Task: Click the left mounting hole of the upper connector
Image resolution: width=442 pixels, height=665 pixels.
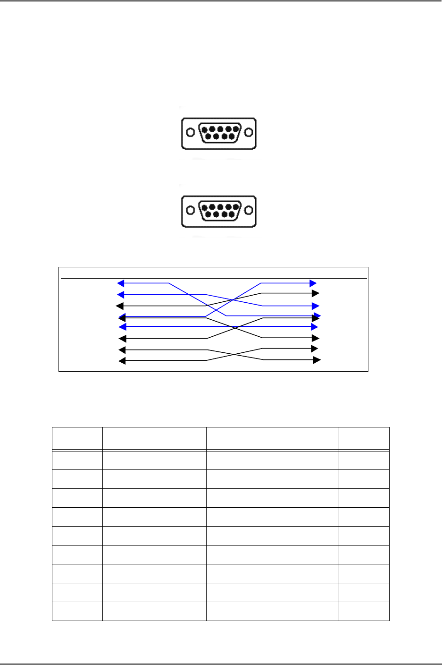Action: pos(190,133)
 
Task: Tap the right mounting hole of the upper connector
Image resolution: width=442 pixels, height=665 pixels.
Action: pos(249,133)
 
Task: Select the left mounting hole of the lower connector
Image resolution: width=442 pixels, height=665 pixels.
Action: pos(190,211)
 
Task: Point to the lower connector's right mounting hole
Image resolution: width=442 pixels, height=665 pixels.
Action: pos(249,211)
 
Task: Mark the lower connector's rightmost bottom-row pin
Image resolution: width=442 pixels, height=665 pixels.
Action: pos(232,215)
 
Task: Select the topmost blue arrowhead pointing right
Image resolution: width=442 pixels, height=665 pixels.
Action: pos(313,283)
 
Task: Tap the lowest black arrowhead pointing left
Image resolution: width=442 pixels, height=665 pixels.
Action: pos(122,361)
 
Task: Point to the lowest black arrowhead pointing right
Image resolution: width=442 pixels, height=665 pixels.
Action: pos(317,360)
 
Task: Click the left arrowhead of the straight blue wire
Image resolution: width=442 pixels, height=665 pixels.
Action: pos(122,327)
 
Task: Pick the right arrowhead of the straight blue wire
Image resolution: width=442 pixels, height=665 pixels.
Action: pos(315,327)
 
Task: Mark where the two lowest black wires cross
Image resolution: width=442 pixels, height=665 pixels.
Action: pos(235,355)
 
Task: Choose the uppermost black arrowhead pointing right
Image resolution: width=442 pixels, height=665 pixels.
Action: pos(316,294)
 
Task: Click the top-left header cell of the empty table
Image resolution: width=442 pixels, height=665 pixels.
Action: pos(77,438)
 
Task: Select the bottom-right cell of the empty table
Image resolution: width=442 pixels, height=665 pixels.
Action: pos(364,611)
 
